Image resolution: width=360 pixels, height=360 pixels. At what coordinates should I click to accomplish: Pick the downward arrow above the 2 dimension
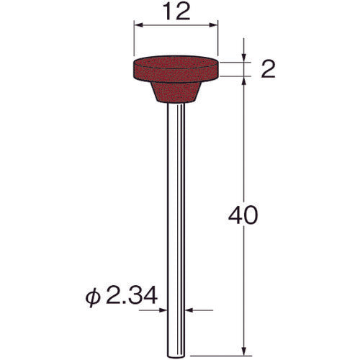(246, 57)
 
